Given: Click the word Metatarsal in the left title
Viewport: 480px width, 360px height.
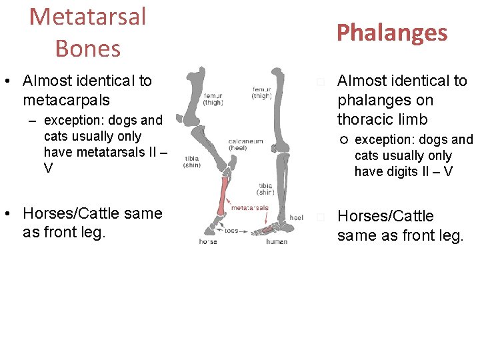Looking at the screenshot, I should (x=87, y=17).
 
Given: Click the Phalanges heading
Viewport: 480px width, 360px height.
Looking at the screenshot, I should (x=391, y=32).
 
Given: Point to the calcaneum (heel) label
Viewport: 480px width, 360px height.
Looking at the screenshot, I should (x=245, y=144).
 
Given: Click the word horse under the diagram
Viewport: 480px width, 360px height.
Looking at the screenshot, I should (x=207, y=241).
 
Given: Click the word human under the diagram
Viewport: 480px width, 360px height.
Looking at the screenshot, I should (x=277, y=241).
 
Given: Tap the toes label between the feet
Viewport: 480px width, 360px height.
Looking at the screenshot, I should (x=231, y=231).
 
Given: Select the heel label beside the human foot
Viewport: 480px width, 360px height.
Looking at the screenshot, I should (x=297, y=218).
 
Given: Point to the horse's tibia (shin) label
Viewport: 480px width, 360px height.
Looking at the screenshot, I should (x=192, y=161).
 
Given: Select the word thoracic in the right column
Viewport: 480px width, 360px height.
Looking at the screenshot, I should (x=365, y=119).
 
